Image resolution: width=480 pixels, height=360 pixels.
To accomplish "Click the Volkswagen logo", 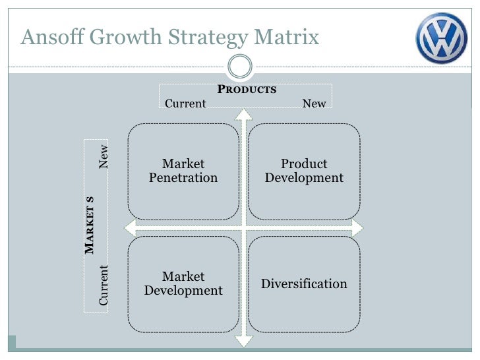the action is click(441, 38).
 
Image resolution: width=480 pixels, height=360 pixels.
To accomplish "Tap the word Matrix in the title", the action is click(287, 38).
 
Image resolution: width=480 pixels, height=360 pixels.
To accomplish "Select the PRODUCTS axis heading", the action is click(247, 90).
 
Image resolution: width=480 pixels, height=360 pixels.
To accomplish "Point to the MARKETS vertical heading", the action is click(90, 224).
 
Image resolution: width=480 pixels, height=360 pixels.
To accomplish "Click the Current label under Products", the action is click(185, 104).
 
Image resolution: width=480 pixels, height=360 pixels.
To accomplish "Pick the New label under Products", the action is click(314, 104).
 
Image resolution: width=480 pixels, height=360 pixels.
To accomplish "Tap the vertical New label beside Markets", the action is click(104, 156).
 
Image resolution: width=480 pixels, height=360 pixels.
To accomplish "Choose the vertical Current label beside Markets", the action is click(104, 285).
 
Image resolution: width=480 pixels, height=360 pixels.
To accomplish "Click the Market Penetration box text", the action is click(183, 171).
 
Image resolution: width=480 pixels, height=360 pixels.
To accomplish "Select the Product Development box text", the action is click(304, 171).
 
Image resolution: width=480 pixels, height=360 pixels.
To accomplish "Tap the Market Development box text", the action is click(183, 284).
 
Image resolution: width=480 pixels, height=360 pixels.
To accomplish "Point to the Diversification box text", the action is click(304, 284).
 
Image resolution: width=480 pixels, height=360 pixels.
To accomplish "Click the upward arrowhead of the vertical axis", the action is click(244, 114).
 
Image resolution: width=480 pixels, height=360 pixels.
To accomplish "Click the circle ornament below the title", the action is click(240, 66).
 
